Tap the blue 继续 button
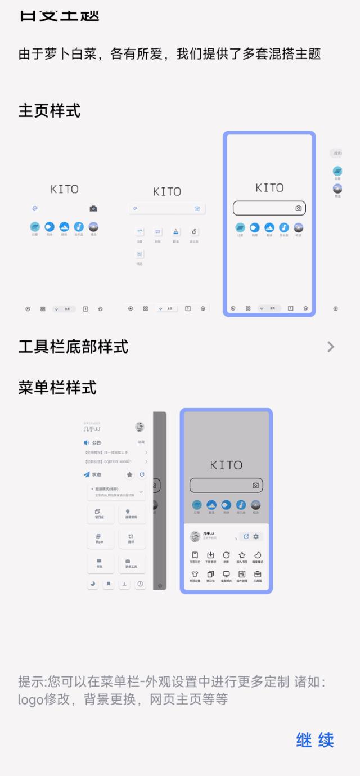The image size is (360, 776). tap(315, 740)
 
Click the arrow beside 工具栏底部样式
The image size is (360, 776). tap(331, 347)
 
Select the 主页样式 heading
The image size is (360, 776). tap(49, 111)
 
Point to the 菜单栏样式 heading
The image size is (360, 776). tap(57, 388)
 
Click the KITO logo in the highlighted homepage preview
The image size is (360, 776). tap(269, 188)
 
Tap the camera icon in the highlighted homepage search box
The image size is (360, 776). tap(299, 208)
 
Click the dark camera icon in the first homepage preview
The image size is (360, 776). tap(93, 209)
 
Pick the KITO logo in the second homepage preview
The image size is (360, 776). tap(167, 192)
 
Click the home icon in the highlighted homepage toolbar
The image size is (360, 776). tap(305, 308)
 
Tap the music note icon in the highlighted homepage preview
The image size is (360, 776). tap(284, 227)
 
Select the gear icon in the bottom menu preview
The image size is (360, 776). tap(256, 537)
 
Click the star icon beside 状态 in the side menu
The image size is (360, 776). tap(129, 474)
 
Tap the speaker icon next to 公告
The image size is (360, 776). tap(87, 443)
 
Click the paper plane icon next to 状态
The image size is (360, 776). tap(87, 474)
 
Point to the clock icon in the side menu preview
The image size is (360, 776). tap(140, 584)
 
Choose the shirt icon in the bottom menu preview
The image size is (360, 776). tap(195, 574)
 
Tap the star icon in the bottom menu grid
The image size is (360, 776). tap(242, 555)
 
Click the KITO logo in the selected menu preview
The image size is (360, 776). tap(226, 465)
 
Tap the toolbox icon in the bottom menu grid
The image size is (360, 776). tap(258, 574)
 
